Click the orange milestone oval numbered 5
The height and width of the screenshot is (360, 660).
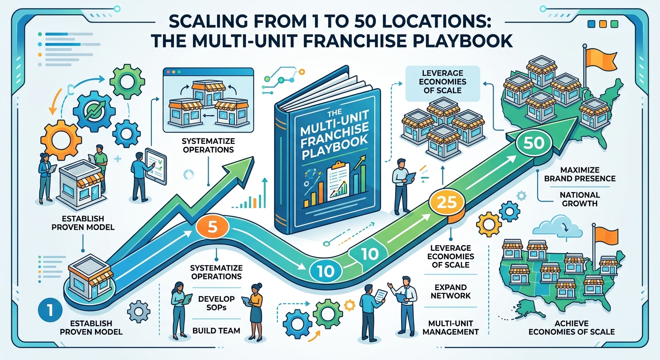pyautogui.click(x=212, y=227)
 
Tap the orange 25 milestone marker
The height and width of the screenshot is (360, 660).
pyautogui.click(x=447, y=202)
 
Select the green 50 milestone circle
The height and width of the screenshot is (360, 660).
pyautogui.click(x=534, y=143)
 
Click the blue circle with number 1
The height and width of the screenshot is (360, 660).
pyautogui.click(x=50, y=310)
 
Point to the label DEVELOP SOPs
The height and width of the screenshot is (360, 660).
pyautogui.click(x=216, y=303)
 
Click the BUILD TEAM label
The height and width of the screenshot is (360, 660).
pyautogui.click(x=216, y=330)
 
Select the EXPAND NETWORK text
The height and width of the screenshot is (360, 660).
pyautogui.click(x=450, y=292)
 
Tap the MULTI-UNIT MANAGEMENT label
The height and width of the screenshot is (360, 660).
pyautogui.click(x=450, y=328)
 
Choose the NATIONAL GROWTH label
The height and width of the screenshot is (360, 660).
pyautogui.click(x=579, y=199)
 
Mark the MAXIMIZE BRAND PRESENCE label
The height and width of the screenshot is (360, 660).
pyautogui.click(x=579, y=174)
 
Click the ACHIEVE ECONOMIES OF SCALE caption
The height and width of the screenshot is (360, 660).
pyautogui.click(x=571, y=328)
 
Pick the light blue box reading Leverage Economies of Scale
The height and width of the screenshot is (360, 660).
pyautogui.click(x=442, y=83)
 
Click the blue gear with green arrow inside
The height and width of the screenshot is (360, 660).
pyautogui.click(x=94, y=111)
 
